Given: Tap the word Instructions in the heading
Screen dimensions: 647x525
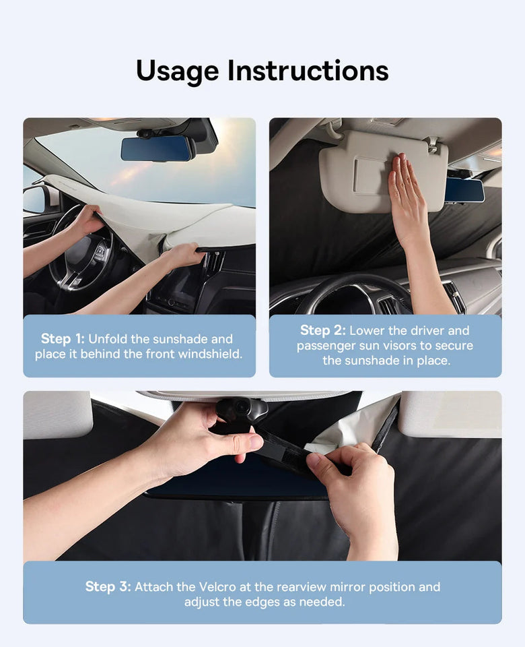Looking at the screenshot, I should pos(308,71).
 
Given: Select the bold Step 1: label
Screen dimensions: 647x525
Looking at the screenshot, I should pos(63,339).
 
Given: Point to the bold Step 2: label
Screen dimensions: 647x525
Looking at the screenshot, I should pos(322,330).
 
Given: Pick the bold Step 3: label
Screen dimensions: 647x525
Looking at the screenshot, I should pos(108,586).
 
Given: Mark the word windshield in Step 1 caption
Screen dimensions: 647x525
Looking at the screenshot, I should pos(209,354).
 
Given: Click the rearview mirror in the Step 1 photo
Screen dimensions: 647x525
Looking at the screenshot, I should pos(157,148).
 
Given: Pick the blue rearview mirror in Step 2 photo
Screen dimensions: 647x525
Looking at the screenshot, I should pos(464,189).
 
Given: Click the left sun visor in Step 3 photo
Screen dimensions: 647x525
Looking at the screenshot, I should pos(57,414).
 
